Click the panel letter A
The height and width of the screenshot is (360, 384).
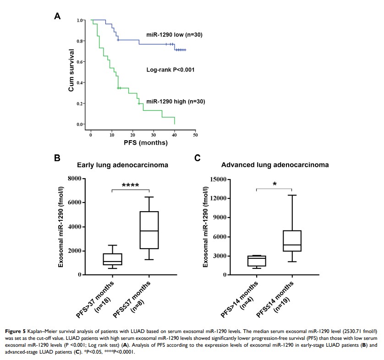tap(57, 16)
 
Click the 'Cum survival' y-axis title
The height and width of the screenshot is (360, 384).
tap(71, 72)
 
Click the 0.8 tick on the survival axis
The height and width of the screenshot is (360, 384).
tap(80, 41)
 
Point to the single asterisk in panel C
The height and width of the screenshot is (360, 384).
tap(274, 184)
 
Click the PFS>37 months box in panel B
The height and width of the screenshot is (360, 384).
tap(112, 259)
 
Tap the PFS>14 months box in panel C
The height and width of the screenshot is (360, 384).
tap(257, 261)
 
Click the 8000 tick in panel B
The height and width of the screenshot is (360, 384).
tap(76, 179)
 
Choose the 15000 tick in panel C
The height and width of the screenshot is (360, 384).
tap(218, 179)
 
